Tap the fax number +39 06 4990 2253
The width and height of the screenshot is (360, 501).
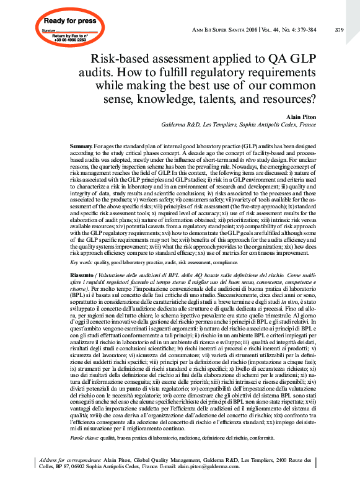click(x=56, y=40)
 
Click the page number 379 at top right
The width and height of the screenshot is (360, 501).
click(x=339, y=29)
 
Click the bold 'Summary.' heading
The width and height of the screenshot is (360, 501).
click(x=81, y=145)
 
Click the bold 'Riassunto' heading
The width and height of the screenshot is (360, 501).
click(x=82, y=275)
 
